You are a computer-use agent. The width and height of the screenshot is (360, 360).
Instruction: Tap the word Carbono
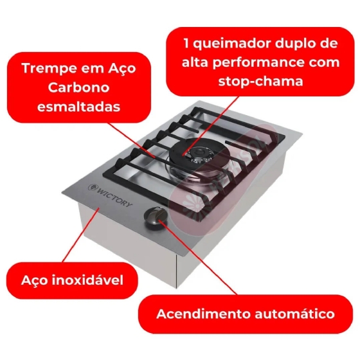pyautogui.click(x=78, y=87)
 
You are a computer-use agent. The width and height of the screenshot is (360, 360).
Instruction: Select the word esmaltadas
pyautogui.click(x=78, y=107)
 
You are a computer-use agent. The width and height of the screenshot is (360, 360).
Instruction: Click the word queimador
pyautogui.click(x=232, y=44)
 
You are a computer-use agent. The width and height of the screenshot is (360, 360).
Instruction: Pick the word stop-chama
pyautogui.click(x=260, y=81)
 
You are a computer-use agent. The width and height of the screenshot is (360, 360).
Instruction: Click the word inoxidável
pyautogui.click(x=87, y=280)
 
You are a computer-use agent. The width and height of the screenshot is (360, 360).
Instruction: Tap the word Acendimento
pyautogui.click(x=204, y=314)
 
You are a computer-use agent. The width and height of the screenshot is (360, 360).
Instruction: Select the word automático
pyautogui.click(x=295, y=314)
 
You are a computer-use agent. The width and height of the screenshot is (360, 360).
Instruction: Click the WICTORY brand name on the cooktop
pyautogui.click(x=114, y=197)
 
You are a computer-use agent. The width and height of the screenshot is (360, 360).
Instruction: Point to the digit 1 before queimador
pyautogui.click(x=186, y=43)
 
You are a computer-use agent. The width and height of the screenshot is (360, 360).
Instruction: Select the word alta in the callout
pyautogui.click(x=195, y=62)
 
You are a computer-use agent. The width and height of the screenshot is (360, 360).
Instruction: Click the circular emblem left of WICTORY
pyautogui.click(x=92, y=188)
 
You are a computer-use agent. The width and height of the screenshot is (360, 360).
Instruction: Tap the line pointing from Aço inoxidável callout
pyautogui.click(x=81, y=235)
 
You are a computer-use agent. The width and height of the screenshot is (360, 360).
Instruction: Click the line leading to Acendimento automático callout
pyautogui.click(x=198, y=257)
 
